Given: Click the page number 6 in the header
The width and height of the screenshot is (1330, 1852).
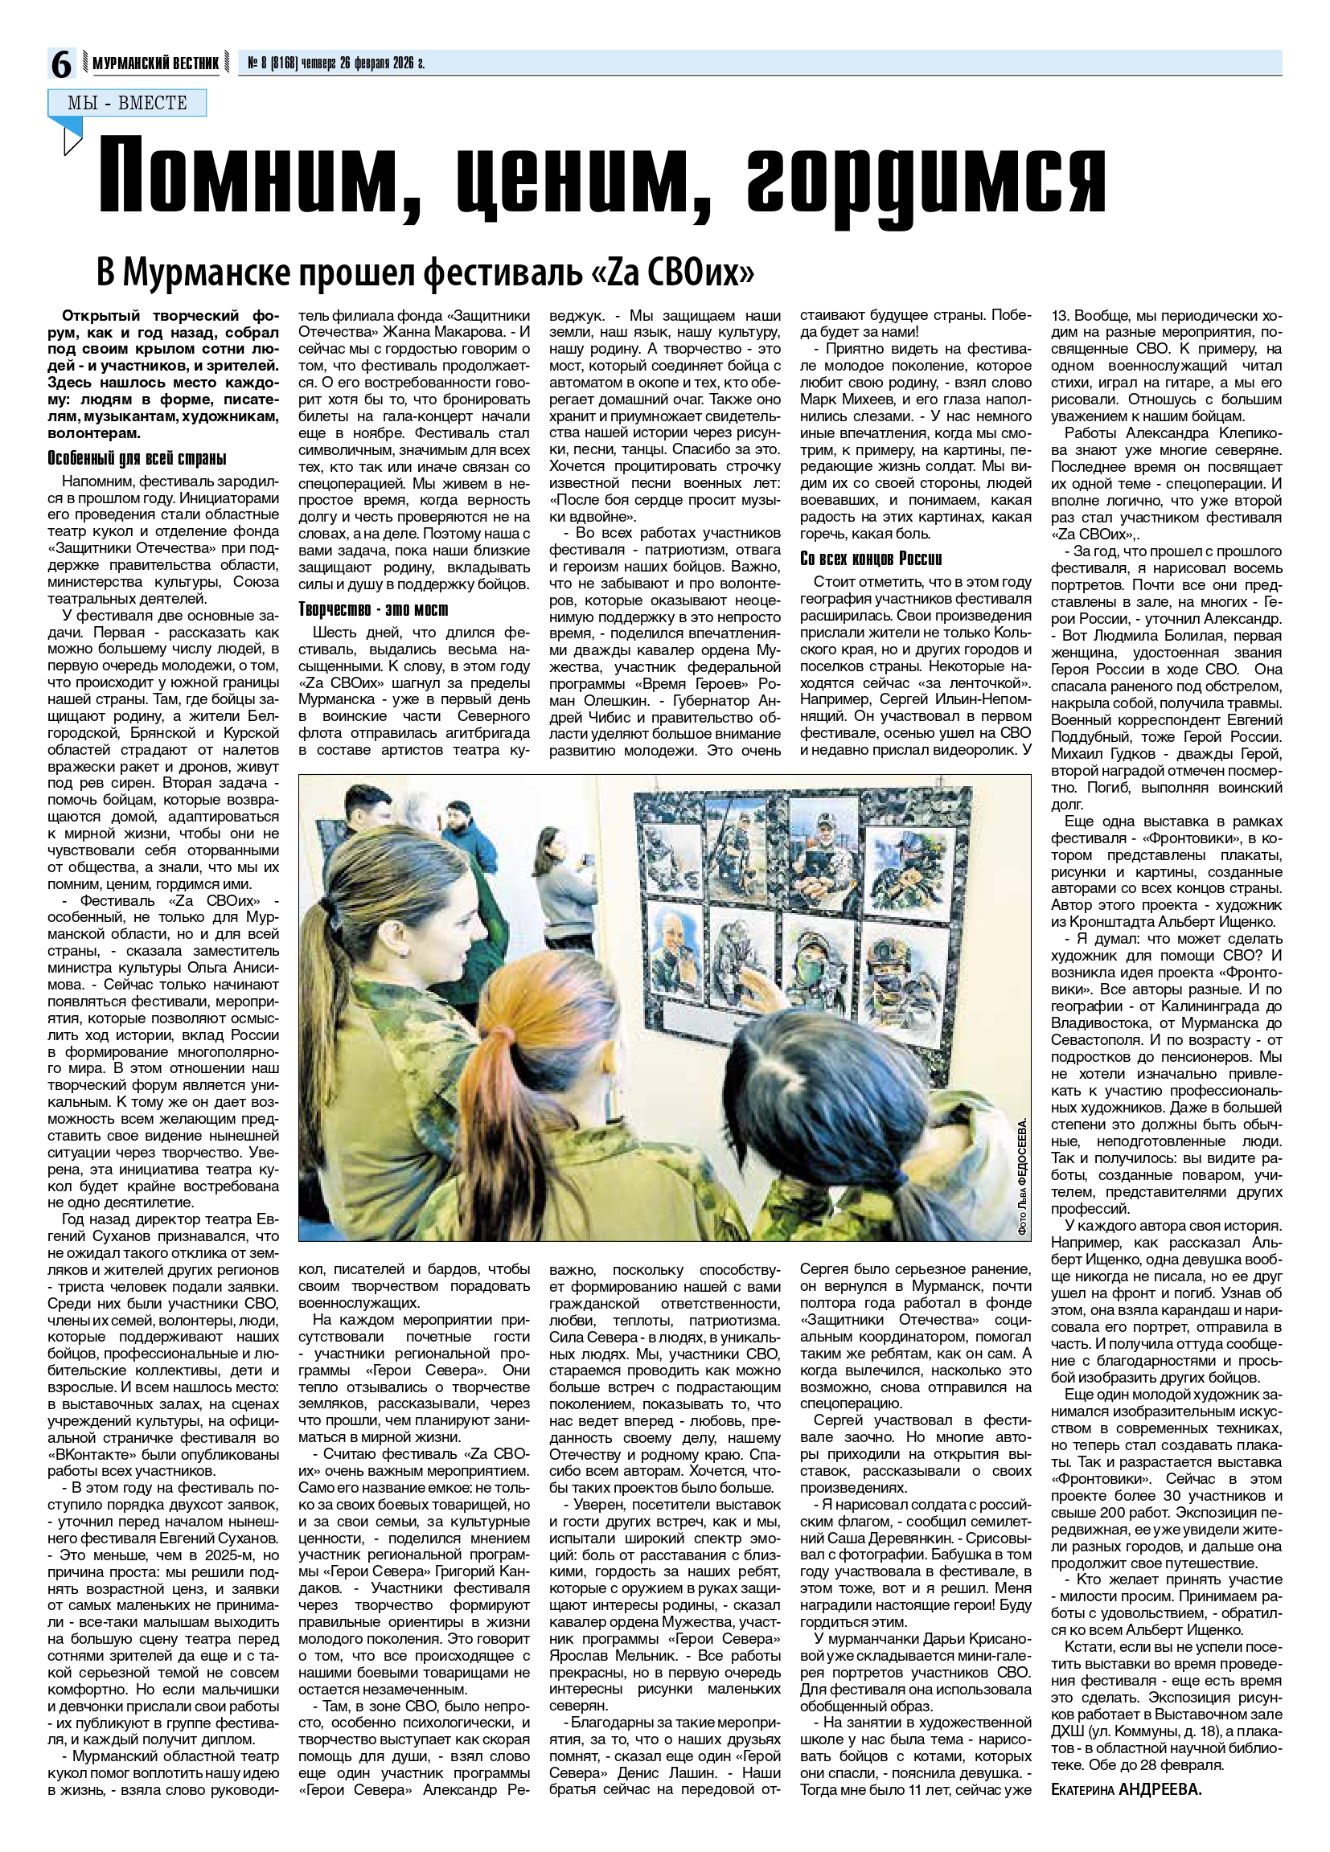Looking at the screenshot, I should pyautogui.click(x=61, y=64).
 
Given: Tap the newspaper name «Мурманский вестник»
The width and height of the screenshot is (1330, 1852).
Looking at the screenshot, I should pyautogui.click(x=155, y=64).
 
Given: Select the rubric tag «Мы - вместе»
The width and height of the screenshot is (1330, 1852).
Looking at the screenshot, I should pyautogui.click(x=126, y=103).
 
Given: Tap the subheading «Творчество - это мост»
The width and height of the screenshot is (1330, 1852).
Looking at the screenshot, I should pyautogui.click(x=373, y=610).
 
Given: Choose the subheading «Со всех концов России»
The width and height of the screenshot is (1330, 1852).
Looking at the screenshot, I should pyautogui.click(x=871, y=559).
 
